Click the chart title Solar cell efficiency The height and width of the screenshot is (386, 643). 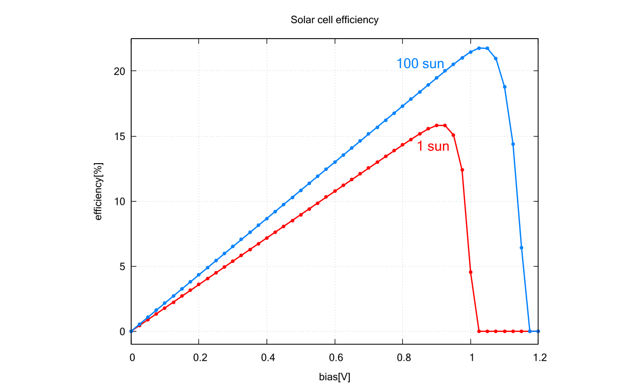click(x=334, y=20)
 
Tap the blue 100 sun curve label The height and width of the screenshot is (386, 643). click(x=420, y=64)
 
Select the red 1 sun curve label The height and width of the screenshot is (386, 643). click(x=433, y=147)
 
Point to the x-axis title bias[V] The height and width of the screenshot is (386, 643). click(x=334, y=377)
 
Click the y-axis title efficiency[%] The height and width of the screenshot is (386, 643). click(x=99, y=191)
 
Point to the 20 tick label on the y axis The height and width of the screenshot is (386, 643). click(x=120, y=71)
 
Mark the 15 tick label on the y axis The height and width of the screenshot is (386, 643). click(x=120, y=136)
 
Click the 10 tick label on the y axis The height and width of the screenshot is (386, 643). click(x=120, y=201)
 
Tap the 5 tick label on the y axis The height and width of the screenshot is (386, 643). click(x=122, y=267)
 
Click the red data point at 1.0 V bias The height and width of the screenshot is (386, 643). click(x=471, y=272)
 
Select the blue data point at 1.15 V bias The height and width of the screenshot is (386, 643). click(x=522, y=248)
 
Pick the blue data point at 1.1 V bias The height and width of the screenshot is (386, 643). click(x=505, y=87)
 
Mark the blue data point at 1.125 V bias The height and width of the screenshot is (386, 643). click(x=513, y=144)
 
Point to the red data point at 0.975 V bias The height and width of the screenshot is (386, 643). click(x=462, y=170)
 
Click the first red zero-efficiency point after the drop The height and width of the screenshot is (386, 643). click(x=479, y=331)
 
